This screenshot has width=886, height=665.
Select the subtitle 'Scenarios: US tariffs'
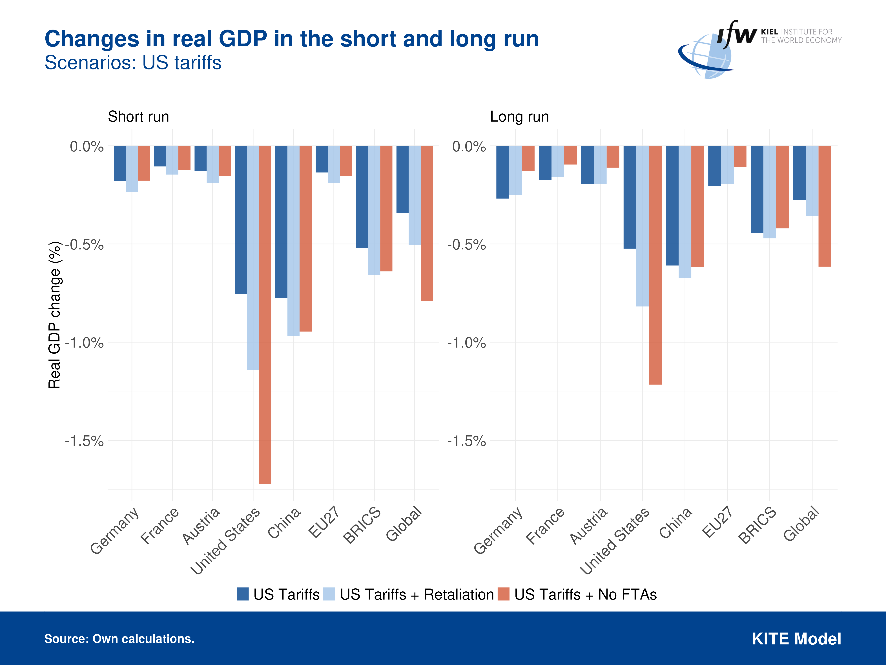click(133, 63)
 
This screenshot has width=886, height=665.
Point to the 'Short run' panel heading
click(138, 117)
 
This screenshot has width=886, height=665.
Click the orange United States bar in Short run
click(265, 315)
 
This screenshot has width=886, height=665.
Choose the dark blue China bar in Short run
click(281, 222)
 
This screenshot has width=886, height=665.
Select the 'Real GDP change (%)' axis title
click(54, 315)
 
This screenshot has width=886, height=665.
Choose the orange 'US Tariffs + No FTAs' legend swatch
click(503, 594)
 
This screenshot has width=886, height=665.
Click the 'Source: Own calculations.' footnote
click(119, 638)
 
